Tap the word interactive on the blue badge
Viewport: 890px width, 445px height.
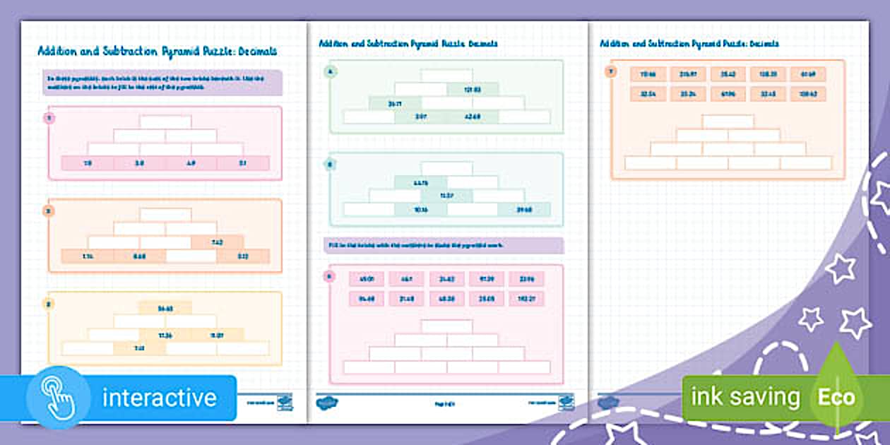(159, 398)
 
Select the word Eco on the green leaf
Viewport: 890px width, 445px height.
(836, 397)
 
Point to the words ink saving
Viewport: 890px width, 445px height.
(745, 397)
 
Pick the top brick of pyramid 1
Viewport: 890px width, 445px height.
(165, 122)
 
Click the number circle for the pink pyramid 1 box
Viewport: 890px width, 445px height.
(49, 118)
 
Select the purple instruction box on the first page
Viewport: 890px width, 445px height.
(163, 83)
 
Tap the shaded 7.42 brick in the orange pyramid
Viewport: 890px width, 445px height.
(218, 242)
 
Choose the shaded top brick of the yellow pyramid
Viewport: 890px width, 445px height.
(165, 307)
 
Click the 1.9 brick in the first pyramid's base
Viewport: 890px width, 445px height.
(88, 163)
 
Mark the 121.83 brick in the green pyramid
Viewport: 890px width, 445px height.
(473, 89)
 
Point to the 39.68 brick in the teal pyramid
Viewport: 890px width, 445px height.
(523, 209)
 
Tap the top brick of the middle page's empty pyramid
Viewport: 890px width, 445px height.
(446, 326)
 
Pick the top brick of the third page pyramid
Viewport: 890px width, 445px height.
(728, 121)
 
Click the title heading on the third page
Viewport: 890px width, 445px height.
(689, 44)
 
